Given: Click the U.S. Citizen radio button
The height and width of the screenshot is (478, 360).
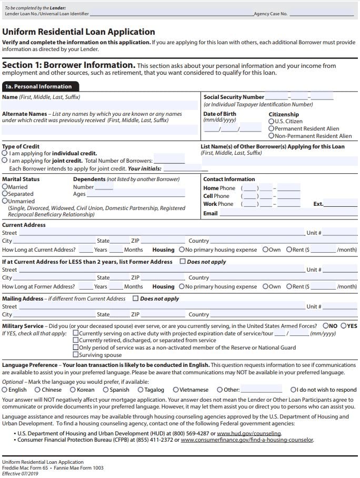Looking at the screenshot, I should click(272, 121).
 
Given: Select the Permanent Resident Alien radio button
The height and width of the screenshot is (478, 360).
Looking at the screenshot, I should click(272, 128).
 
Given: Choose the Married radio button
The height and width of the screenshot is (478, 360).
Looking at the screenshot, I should click(5, 187).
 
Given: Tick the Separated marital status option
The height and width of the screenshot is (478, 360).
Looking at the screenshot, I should click(5, 194).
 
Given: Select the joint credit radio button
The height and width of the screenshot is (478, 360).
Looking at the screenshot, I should click(5, 161).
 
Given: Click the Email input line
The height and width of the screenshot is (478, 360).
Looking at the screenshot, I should click(288, 213).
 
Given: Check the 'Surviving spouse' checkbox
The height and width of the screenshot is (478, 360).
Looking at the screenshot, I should click(76, 355).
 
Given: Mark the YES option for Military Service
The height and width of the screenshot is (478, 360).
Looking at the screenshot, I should click(343, 326).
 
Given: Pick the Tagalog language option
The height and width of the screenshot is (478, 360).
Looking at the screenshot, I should click(141, 390).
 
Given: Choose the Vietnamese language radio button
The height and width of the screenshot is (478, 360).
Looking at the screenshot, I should click(176, 390).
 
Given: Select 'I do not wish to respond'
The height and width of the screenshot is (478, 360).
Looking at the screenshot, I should click(293, 390).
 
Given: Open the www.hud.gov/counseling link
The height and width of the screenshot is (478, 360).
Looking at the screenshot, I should click(249, 434).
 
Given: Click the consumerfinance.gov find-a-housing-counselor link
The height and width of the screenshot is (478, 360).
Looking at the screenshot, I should click(247, 440).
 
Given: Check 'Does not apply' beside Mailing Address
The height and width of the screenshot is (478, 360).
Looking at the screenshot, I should click(136, 298).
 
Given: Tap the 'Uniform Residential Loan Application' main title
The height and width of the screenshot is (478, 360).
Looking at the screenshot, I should click(78, 32).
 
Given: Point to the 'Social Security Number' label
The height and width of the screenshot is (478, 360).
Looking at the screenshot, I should click(234, 97).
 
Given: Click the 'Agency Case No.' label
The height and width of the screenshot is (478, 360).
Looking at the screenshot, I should click(271, 14).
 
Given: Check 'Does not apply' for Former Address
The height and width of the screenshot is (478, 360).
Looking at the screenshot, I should click(183, 262).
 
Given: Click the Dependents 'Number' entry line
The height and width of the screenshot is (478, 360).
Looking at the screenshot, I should click(104, 187).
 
